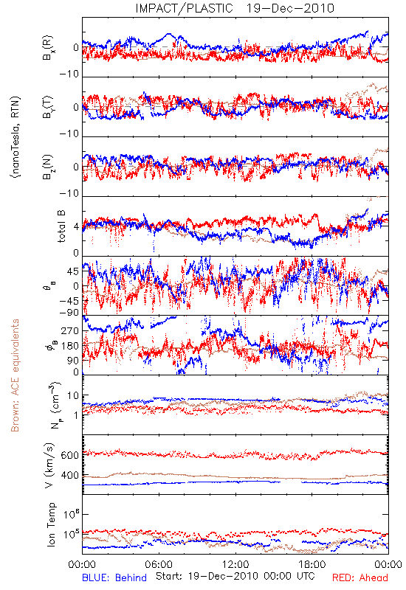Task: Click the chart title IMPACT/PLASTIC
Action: [184, 8]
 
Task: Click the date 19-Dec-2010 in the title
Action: [290, 8]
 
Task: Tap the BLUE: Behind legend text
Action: [114, 578]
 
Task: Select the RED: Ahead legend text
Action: [360, 578]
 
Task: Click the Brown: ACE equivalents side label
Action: [15, 375]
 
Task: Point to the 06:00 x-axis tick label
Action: [159, 565]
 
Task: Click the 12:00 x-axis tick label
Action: [235, 565]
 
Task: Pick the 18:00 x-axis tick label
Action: [312, 565]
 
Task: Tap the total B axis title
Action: [61, 226]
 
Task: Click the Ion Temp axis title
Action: [51, 524]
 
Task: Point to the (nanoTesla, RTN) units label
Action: [16, 137]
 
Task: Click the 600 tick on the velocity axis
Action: [70, 455]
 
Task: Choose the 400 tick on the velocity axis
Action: [70, 476]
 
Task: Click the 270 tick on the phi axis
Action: [70, 331]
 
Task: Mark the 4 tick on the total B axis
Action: [77, 227]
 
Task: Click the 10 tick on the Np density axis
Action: [73, 396]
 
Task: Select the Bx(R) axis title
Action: [48, 48]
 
